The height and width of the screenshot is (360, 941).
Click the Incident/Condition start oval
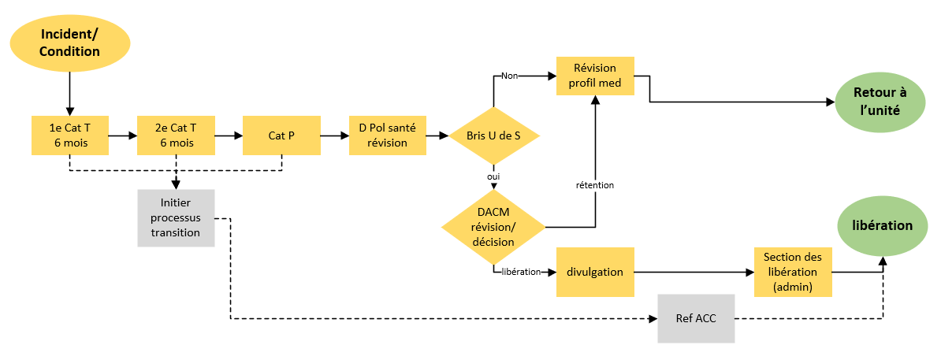pyautogui.click(x=69, y=44)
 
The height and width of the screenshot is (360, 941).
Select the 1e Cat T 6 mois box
pyautogui.click(x=69, y=135)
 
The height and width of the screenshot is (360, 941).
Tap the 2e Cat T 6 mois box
pyautogui.click(x=176, y=135)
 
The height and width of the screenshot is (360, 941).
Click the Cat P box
pyautogui.click(x=281, y=135)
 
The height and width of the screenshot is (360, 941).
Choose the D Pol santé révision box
pyautogui.click(x=387, y=135)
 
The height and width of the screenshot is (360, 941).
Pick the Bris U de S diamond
pyautogui.click(x=493, y=135)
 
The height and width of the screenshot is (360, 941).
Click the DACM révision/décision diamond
pyautogui.click(x=493, y=227)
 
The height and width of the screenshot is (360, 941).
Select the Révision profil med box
pyautogui.click(x=595, y=76)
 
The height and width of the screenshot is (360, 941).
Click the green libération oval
pyautogui.click(x=882, y=226)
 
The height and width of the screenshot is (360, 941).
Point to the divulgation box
pyautogui.click(x=595, y=272)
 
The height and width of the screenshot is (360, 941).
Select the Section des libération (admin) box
pyautogui.click(x=794, y=272)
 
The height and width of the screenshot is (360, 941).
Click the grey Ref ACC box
pyautogui.click(x=696, y=319)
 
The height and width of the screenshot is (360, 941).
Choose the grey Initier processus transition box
pyautogui.click(x=176, y=218)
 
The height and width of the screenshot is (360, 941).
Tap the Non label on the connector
pyautogui.click(x=508, y=76)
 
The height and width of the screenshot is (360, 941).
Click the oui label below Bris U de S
pyautogui.click(x=493, y=176)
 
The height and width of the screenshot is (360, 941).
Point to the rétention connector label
pyautogui.click(x=595, y=185)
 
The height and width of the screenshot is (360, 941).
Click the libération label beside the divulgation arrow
pyautogui.click(x=520, y=272)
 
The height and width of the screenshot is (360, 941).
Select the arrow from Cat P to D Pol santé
pyautogui.click(x=335, y=135)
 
